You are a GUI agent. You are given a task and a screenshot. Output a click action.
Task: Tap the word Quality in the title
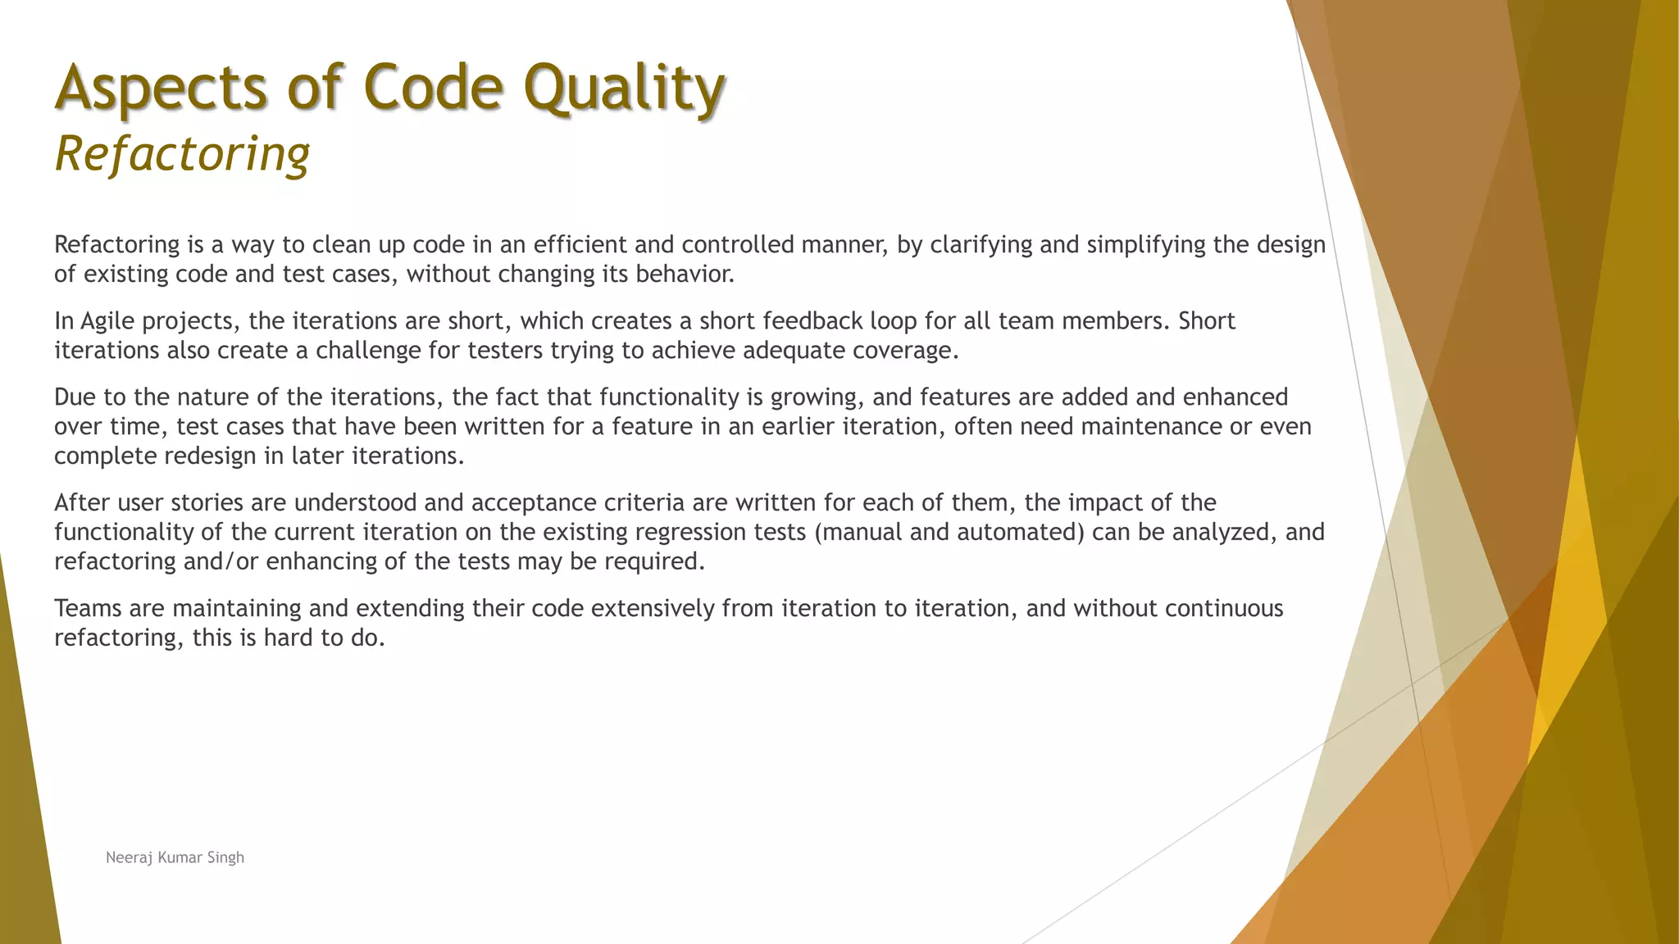(x=625, y=88)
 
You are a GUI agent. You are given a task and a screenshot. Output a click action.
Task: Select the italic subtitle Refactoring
(x=182, y=153)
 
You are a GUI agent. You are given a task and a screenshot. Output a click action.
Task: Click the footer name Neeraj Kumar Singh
(x=175, y=857)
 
